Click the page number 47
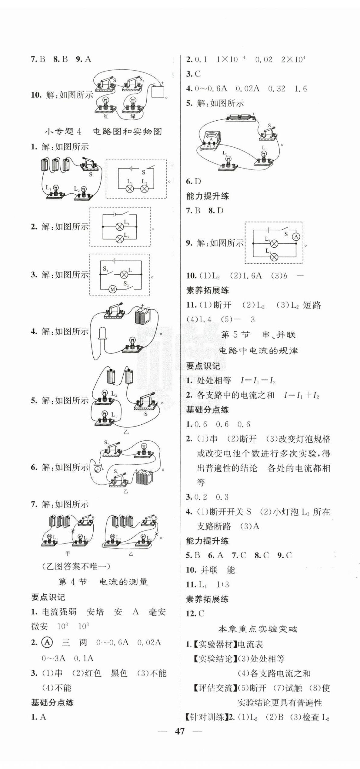point(180,731)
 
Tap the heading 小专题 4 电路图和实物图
point(103,132)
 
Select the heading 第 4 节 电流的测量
point(103,582)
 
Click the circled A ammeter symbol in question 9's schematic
point(296,237)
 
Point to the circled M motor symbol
point(112,289)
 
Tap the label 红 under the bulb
point(106,116)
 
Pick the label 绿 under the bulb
point(133,116)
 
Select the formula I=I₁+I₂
point(301,395)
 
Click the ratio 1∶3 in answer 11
point(223,584)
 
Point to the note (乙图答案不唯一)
point(76,566)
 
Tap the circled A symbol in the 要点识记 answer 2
point(47,642)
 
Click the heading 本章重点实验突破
point(258,629)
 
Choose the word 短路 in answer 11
point(312,305)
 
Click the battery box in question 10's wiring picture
point(158,91)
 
